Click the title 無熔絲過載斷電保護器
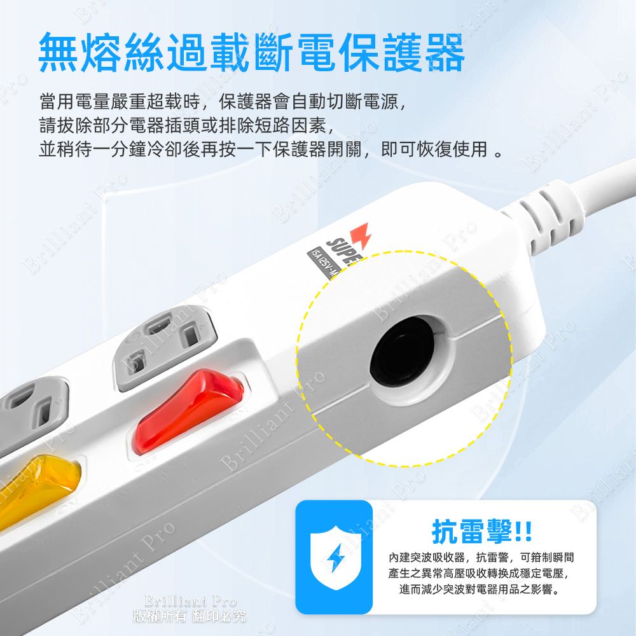(x=251, y=53)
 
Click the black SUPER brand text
(x=341, y=251)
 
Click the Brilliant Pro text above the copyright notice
(x=190, y=601)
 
